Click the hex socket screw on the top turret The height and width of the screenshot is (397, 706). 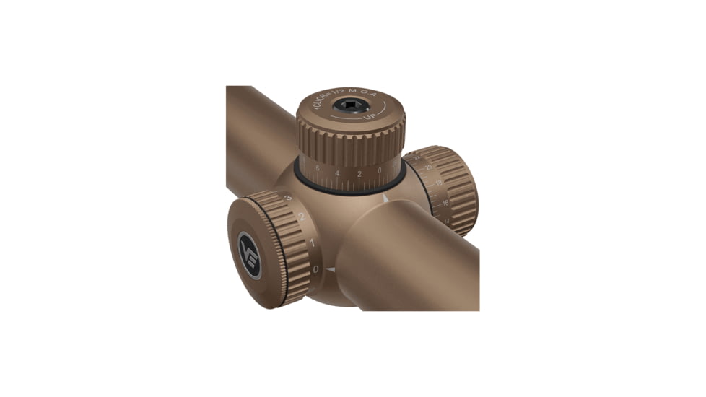pos(351,105)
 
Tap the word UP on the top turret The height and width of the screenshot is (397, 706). pos(370,115)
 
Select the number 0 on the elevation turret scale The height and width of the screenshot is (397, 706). pos(380,171)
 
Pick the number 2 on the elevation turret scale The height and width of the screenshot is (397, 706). pos(359,174)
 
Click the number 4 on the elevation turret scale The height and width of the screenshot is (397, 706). pos(337,173)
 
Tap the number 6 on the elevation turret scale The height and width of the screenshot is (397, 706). pos(318,168)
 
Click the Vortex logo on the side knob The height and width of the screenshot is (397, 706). pos(249,255)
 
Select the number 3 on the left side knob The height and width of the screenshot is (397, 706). pos(287,198)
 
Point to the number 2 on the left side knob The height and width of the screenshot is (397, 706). pos(302,216)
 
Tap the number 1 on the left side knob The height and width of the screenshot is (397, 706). pos(313,243)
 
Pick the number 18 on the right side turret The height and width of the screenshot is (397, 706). pos(438,184)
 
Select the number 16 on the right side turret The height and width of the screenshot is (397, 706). pos(445,203)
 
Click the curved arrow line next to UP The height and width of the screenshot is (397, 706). pos(385,109)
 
